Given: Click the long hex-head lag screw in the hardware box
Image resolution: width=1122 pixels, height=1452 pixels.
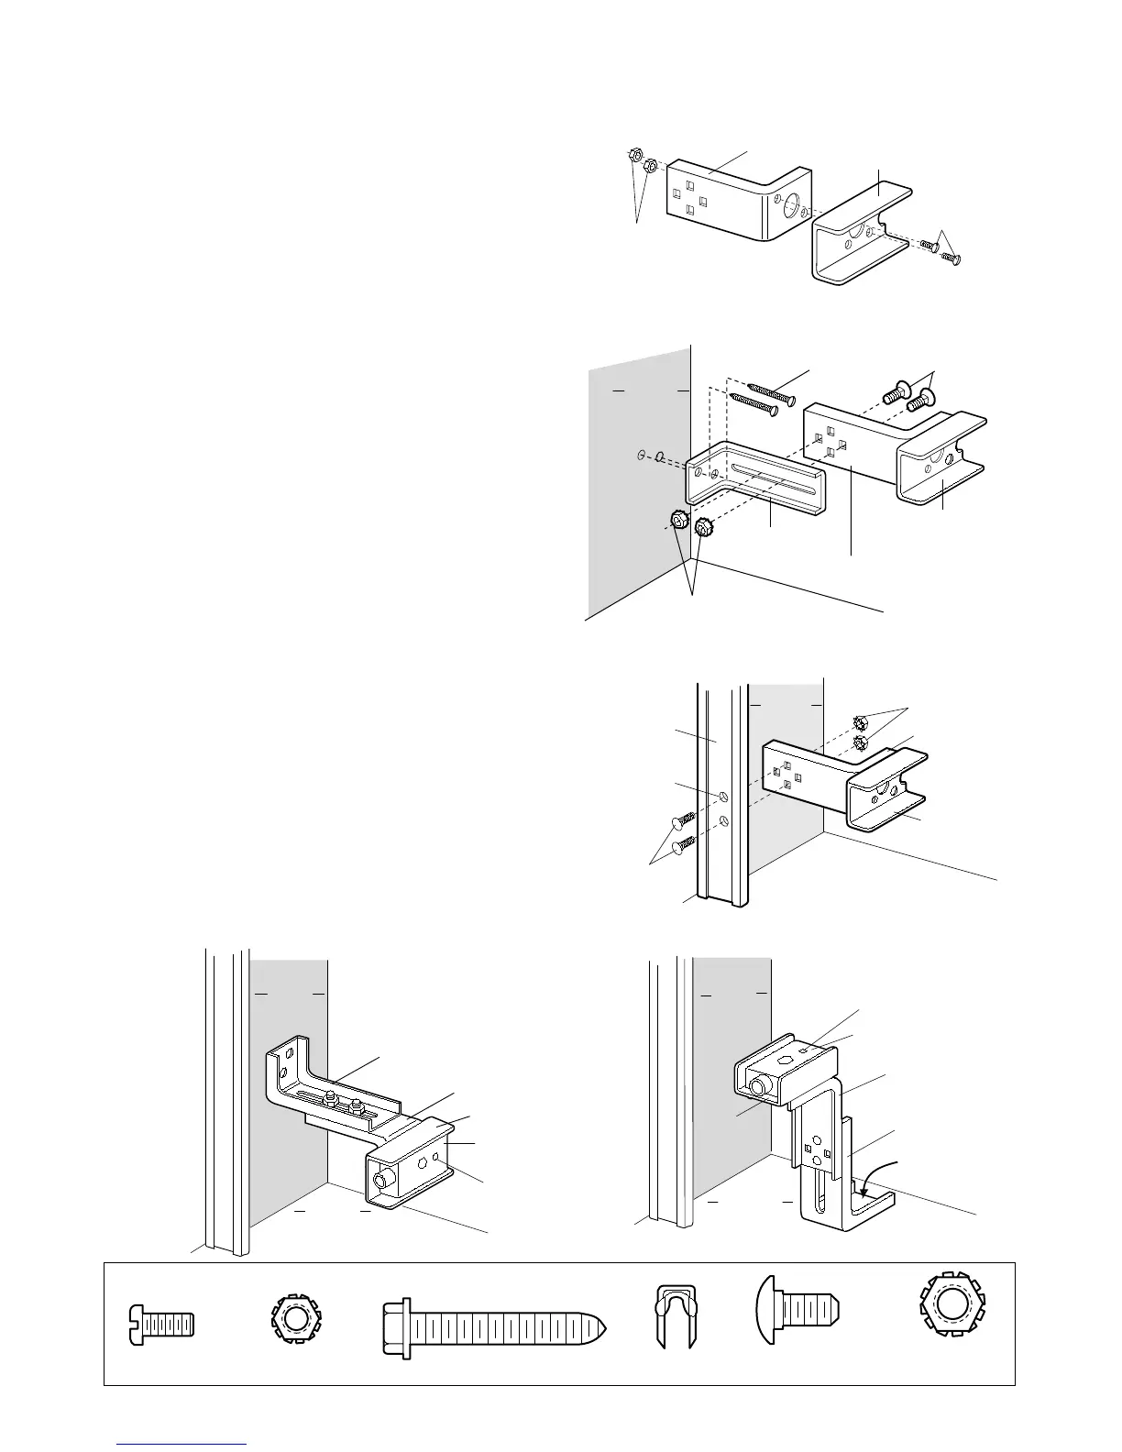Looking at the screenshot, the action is click(x=495, y=1325).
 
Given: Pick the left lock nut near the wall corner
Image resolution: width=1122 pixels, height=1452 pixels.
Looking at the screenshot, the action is click(x=679, y=521).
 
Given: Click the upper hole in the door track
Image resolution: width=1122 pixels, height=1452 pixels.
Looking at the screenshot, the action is click(x=725, y=797).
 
